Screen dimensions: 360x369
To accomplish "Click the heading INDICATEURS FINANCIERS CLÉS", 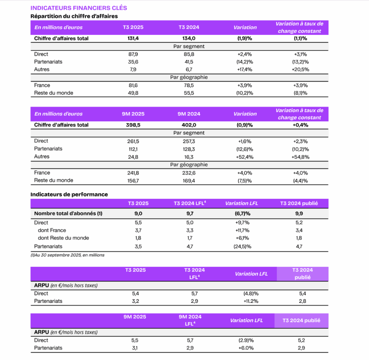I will pos(79,8).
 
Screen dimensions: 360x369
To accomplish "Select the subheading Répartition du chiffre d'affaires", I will pos(74,16).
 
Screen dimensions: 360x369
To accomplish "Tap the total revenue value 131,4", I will pos(133,39).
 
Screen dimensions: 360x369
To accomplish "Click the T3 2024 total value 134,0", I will pos(189,39).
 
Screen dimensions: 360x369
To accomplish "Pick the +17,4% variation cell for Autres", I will pos(245,69).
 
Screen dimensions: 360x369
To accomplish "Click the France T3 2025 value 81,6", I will pos(133,85).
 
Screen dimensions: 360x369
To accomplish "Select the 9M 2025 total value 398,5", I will pos(133,125).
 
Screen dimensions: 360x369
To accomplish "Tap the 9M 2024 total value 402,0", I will pos(189,125).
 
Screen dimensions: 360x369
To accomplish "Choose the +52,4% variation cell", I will pos(245,157).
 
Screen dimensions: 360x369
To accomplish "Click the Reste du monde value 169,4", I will pos(189,180).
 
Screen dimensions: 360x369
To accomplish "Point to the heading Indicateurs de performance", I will pos(69,194).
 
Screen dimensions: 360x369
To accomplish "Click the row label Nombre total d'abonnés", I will pos(68,213).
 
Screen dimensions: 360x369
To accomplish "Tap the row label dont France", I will pos(52,230).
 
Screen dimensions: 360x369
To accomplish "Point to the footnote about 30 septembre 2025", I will pos(67,255).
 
